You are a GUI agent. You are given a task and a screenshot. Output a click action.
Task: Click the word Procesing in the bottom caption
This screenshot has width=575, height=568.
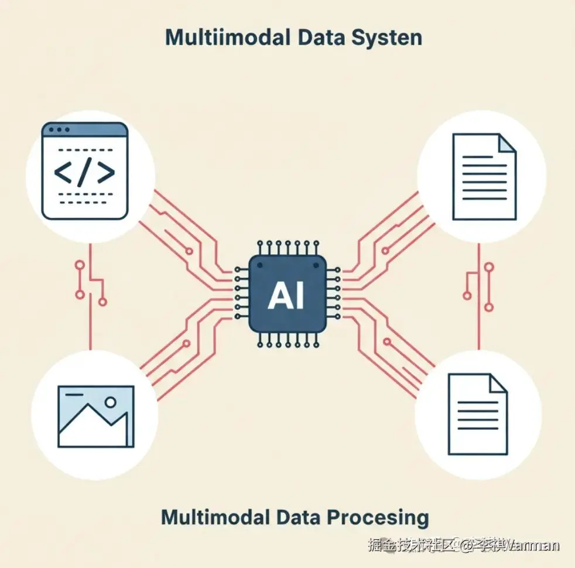pos(378,518)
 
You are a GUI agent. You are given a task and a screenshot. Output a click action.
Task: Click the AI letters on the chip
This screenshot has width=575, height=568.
pos(286,296)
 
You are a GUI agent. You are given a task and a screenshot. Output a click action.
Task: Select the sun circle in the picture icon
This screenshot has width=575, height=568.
pos(109,402)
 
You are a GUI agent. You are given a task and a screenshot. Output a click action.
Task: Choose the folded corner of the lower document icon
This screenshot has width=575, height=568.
pos(498,384)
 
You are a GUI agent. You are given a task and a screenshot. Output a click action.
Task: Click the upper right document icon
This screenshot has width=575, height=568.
pos(484,176)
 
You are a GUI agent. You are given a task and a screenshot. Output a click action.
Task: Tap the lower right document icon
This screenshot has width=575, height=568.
pos(477,414)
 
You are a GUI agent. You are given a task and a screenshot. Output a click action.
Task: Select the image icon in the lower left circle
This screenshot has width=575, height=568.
pos(96,416)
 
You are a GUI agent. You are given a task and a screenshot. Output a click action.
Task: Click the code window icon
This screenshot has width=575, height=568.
pos(85,170)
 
